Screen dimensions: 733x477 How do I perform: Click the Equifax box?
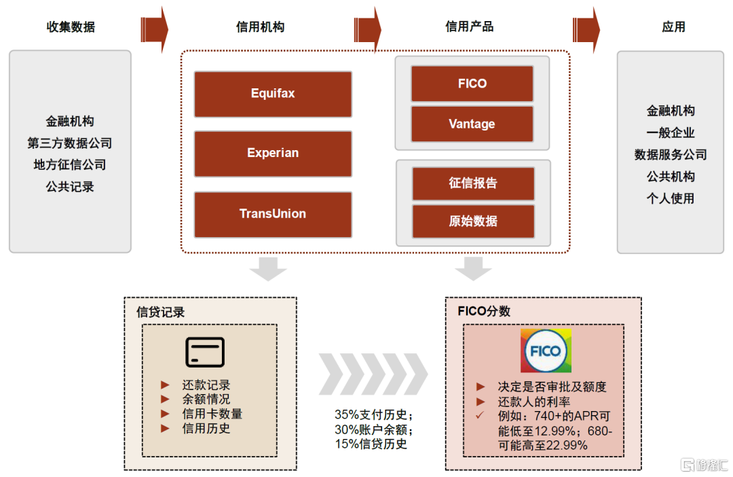273,94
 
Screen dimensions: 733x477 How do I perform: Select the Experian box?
273,154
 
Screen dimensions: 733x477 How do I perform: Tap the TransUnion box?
273,215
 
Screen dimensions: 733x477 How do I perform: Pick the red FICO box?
472,84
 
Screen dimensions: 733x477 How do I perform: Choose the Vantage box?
472,124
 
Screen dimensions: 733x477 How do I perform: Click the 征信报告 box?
473,183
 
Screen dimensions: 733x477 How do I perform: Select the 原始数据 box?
473,222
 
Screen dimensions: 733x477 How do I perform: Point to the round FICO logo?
546,351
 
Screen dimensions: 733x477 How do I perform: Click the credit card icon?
205,352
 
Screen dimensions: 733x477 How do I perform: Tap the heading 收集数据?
71,26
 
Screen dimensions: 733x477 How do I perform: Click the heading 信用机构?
261,26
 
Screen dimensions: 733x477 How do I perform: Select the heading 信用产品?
470,26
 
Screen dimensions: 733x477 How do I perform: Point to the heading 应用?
674,26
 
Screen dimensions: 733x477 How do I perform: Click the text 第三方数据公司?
70,143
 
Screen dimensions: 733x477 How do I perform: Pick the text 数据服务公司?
671,154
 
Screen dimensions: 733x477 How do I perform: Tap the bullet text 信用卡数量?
212,414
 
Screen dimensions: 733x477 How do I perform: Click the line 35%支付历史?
374,414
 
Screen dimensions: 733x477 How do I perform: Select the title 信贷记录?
160,313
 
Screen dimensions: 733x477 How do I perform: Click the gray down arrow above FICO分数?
473,268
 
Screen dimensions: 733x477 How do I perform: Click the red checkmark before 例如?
480,415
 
